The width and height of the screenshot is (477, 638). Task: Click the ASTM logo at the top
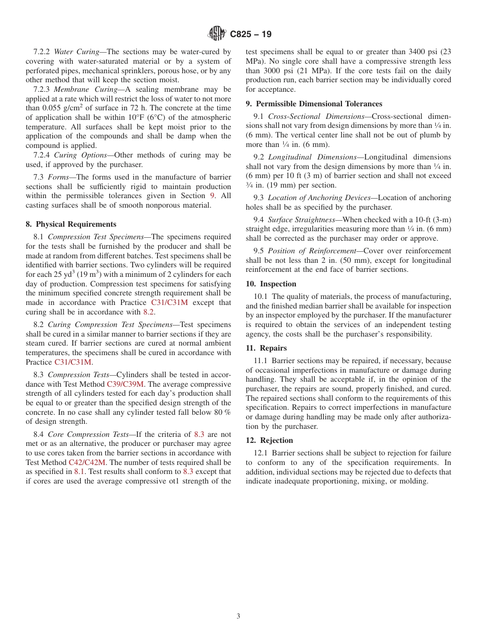click(217, 34)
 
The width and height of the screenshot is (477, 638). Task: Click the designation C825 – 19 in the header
click(251, 35)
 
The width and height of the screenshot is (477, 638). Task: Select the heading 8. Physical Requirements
click(71, 224)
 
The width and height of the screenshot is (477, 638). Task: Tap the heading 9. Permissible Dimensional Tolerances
click(314, 104)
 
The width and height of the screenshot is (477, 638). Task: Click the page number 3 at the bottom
click(238, 616)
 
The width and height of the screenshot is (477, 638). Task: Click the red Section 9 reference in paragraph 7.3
click(212, 196)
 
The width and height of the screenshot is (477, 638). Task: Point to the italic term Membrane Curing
click(83, 89)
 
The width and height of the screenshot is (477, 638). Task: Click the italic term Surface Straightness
click(301, 220)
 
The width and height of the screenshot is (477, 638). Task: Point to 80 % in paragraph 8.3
click(220, 412)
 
